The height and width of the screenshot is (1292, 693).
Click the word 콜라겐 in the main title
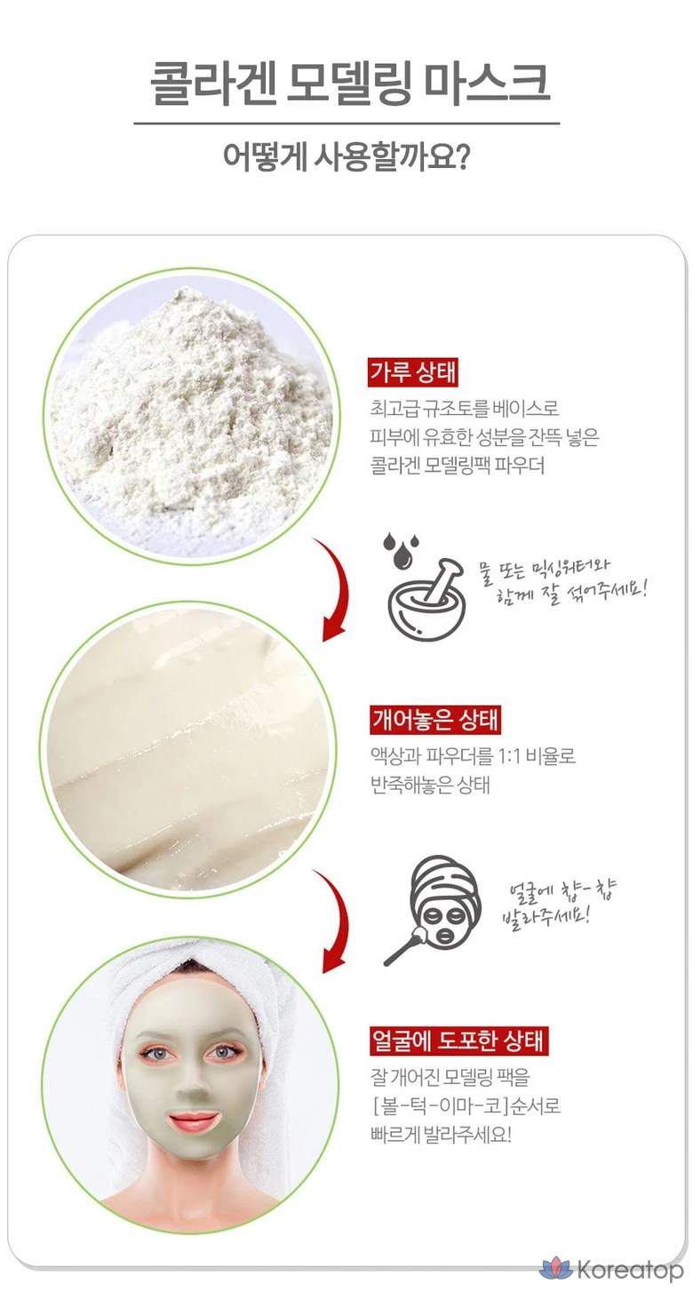211,84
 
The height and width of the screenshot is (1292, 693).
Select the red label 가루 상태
413,372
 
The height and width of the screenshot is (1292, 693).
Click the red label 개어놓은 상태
435,721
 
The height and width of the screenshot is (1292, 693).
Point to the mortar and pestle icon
427,600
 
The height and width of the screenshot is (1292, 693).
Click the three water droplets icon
399,549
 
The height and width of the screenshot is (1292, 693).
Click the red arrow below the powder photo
340,588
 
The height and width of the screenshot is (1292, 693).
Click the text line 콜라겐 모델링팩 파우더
458,465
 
